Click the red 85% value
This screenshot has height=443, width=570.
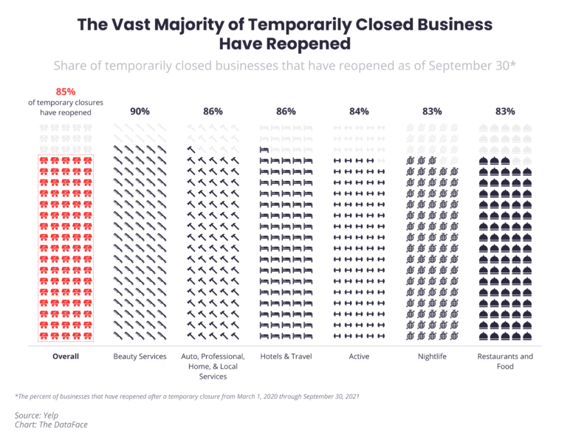point(66,92)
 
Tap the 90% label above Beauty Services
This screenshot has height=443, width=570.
point(140,111)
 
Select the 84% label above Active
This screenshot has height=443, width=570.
point(359,111)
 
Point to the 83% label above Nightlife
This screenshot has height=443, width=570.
point(432,111)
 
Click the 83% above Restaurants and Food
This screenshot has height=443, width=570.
point(505,111)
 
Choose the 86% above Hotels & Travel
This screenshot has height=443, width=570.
point(286,111)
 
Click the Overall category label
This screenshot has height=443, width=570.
point(66,357)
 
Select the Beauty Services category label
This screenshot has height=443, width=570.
point(140,357)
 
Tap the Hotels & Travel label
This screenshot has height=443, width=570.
point(286,357)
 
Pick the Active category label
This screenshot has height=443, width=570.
point(359,357)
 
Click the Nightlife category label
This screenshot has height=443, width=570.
point(432,357)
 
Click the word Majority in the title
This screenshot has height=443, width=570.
point(185,25)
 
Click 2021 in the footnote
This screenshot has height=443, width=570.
point(350,396)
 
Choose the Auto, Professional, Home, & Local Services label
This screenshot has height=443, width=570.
point(213,366)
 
